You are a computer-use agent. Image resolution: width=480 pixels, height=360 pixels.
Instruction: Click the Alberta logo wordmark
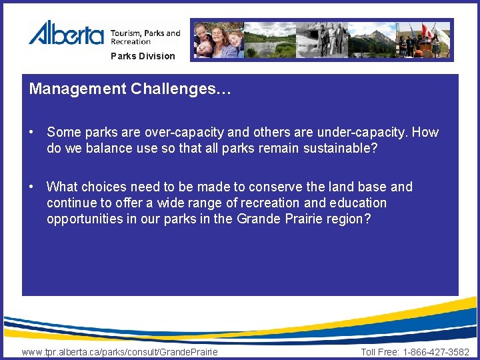[x=66, y=33]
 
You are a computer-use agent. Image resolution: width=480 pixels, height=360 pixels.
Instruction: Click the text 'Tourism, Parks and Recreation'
[x=145, y=37]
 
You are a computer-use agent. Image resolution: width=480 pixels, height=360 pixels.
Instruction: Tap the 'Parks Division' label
[x=143, y=56]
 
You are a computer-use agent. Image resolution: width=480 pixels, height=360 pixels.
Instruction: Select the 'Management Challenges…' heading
[x=130, y=89]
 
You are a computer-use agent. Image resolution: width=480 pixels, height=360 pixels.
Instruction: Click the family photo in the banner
[x=217, y=40]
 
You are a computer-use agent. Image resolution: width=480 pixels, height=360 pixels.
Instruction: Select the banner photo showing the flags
[x=424, y=40]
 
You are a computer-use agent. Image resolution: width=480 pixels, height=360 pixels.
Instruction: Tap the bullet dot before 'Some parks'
[x=32, y=132]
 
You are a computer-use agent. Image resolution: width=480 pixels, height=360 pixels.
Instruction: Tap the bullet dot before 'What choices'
[x=32, y=187]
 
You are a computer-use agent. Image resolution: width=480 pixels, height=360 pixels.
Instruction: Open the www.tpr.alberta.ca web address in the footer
[x=120, y=351]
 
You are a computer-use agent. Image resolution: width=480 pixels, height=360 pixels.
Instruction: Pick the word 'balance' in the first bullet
[x=108, y=148]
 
